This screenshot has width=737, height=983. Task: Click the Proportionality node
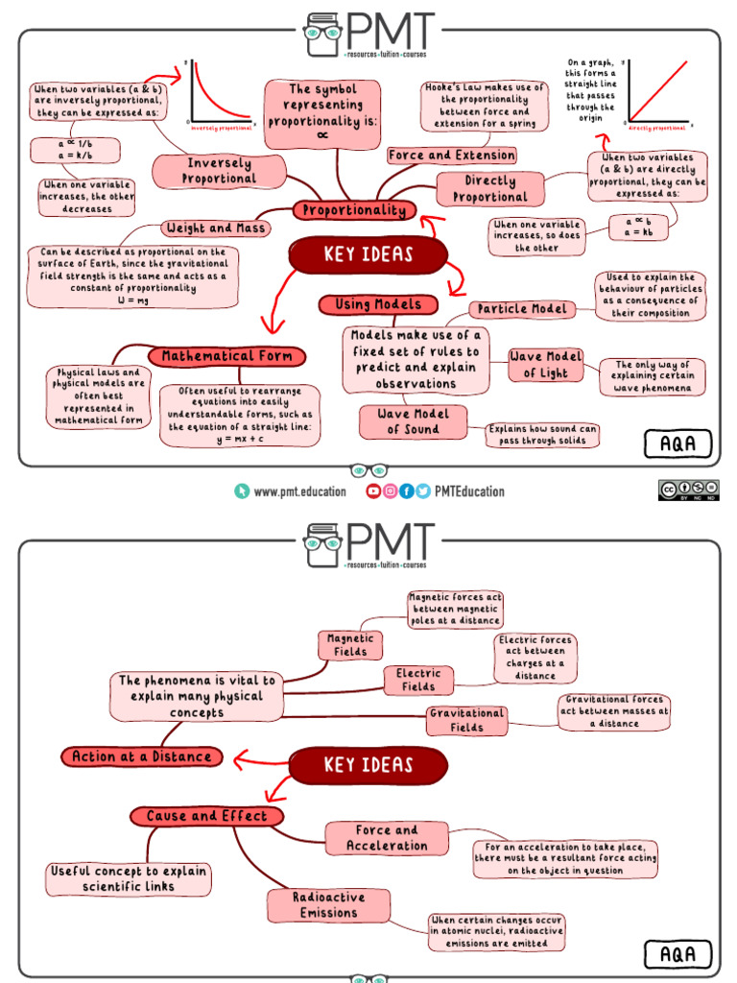(x=354, y=211)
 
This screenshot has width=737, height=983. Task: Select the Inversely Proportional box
(x=220, y=171)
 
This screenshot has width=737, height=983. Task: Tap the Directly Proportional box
(x=489, y=189)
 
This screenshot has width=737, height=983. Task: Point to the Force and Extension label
(x=451, y=156)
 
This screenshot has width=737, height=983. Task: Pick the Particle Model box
(x=523, y=309)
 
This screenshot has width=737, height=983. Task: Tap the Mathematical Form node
(x=227, y=356)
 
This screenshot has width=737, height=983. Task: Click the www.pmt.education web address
(x=299, y=491)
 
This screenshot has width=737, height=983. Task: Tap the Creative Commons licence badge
(x=688, y=491)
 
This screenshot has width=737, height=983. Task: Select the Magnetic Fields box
(x=350, y=645)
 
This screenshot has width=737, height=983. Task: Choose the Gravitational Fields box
(x=467, y=721)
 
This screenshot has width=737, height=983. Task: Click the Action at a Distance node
(x=141, y=756)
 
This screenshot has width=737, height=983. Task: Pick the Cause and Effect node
(x=207, y=816)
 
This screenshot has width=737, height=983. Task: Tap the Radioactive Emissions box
(x=328, y=904)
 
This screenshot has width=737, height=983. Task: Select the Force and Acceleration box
(x=386, y=838)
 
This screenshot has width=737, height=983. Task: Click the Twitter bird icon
(x=423, y=491)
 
